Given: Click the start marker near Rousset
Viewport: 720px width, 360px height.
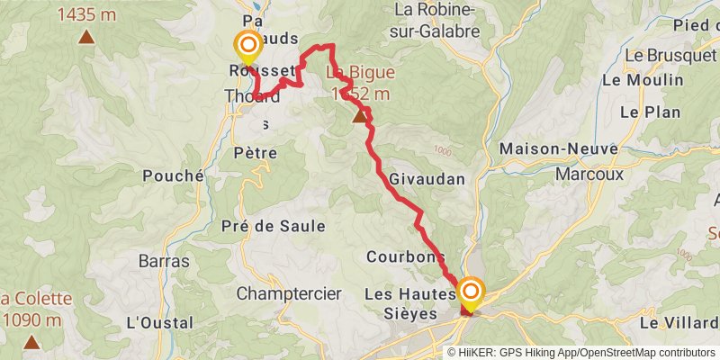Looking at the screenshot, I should [247, 45].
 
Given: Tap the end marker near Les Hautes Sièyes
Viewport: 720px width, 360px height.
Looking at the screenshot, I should [471, 292].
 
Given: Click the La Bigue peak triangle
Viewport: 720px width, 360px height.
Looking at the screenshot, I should [360, 115].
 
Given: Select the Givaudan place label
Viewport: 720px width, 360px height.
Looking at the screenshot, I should [427, 179].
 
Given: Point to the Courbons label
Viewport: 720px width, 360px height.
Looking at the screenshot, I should [406, 256].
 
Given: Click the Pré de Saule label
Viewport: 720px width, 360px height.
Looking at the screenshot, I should [273, 226].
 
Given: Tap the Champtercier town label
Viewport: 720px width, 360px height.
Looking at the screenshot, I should [289, 293].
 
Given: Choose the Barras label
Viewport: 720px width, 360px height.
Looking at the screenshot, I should [164, 261].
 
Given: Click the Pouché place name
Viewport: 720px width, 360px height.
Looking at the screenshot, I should [173, 176].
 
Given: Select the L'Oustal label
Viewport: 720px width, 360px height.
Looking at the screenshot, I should [160, 322].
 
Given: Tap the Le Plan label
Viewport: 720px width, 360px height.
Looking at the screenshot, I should [643, 112].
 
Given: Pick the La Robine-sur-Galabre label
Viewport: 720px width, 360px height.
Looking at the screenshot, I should [436, 22].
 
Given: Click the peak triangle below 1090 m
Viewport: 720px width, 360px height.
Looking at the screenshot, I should [31, 342].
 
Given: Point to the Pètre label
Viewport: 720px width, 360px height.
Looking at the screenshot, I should [255, 153].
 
